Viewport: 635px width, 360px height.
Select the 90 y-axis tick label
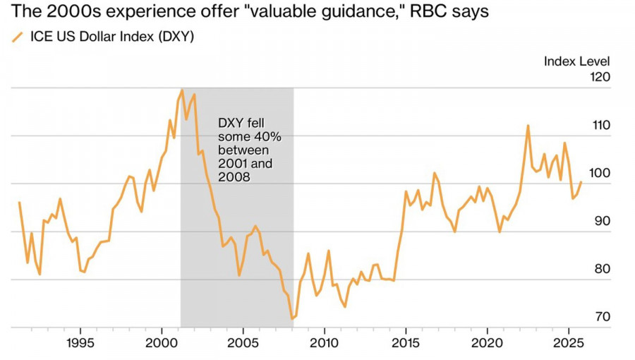pyautogui.click(x=602, y=221)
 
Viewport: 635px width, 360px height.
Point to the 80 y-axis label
pyautogui.click(x=602, y=269)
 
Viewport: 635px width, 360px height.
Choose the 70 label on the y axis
pyautogui.click(x=602, y=317)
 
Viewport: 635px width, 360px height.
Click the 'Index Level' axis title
pyautogui.click(x=576, y=61)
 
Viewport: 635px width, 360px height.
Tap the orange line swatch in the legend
pyautogui.click(x=18, y=37)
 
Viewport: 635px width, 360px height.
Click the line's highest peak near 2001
pyautogui.click(x=182, y=90)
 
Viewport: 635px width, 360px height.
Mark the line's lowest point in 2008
pyautogui.click(x=291, y=318)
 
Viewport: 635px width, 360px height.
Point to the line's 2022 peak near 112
pyautogui.click(x=528, y=126)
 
